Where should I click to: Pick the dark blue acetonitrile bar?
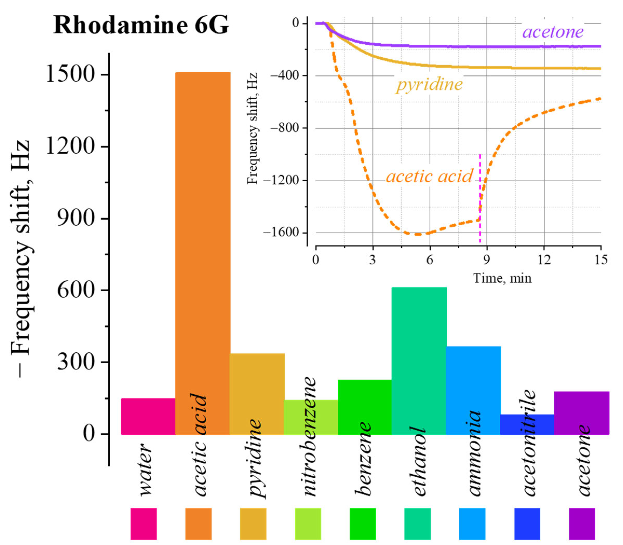coord(527,424)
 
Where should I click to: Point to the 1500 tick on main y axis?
coord(69,74)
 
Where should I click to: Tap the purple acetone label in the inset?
coord(553,32)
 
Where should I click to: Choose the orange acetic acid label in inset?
coord(429,176)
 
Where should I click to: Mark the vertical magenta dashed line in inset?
coord(480,198)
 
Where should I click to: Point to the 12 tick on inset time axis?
coord(544,260)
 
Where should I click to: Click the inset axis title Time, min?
coord(502,278)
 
